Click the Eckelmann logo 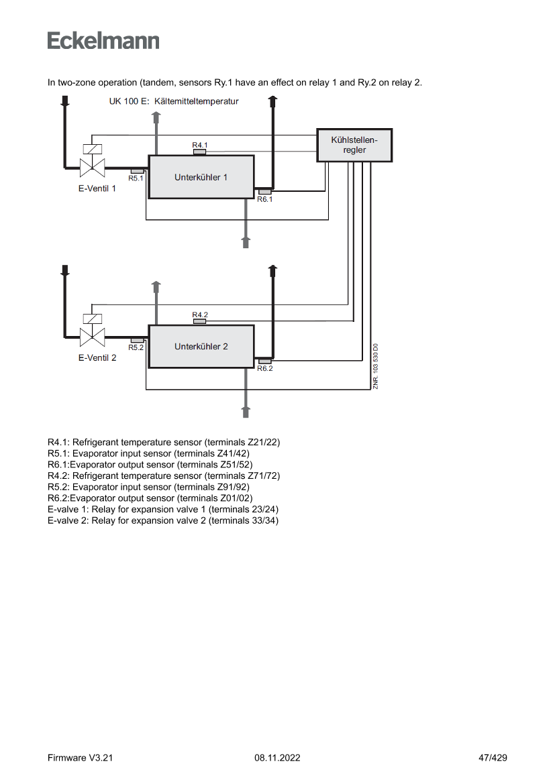(103, 40)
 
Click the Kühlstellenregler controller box (354, 146)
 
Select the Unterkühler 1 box (201, 177)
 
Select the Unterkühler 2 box (201, 346)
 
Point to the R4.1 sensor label (200, 145)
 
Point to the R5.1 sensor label (136, 178)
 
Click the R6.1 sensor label (264, 199)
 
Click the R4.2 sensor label (200, 315)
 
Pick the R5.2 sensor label (136, 347)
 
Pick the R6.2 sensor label (264, 368)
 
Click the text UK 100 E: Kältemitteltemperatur (174, 102)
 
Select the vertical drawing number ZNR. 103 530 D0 (376, 366)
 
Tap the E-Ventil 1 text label (97, 188)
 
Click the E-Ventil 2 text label (97, 357)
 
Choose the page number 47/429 (493, 758)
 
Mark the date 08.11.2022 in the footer (277, 758)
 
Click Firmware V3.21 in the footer (81, 758)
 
